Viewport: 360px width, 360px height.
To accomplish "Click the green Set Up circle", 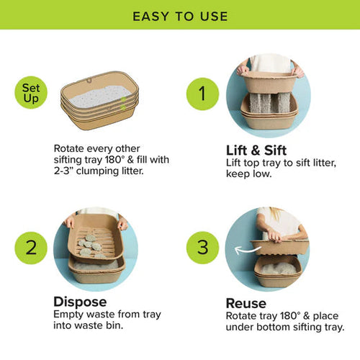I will [30, 92].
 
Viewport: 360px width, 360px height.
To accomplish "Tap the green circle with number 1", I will [202, 94].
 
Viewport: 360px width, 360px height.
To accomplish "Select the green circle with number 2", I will [31, 248].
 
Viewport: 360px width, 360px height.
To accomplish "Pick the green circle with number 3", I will [202, 248].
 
